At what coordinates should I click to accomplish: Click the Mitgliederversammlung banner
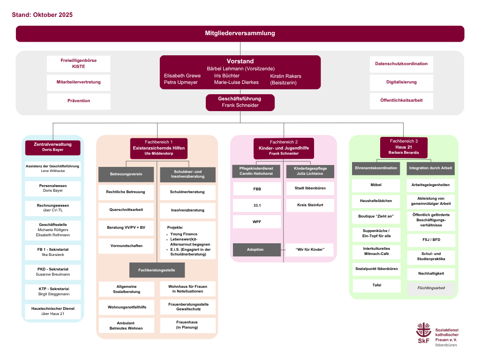click(240, 33)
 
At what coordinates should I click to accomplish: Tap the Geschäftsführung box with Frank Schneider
click(240, 102)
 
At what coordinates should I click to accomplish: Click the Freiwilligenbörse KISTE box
click(79, 64)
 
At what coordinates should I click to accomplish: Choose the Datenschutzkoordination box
click(401, 64)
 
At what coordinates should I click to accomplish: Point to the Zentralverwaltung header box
click(52, 147)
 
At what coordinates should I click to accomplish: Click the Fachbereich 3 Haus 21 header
click(404, 147)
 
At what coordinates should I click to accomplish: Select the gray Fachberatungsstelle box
click(157, 270)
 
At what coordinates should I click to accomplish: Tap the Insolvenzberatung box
click(187, 210)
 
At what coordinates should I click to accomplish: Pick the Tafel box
click(376, 285)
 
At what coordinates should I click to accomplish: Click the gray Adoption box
click(255, 249)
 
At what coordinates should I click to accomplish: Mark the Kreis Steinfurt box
click(310, 205)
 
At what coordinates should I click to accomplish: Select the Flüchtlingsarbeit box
click(431, 288)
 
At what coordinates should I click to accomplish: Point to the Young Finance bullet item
click(184, 234)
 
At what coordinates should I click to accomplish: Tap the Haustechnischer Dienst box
click(52, 311)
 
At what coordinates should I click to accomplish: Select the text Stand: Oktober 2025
click(42, 15)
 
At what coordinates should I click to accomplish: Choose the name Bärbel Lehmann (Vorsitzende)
click(240, 68)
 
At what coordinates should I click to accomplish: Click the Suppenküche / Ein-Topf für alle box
click(376, 233)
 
